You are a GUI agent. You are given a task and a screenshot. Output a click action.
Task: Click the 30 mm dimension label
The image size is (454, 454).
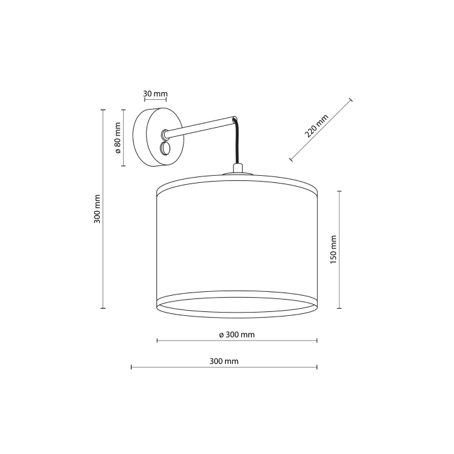tap(155, 94)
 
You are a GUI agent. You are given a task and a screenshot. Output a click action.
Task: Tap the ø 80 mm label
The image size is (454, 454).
tap(118, 138)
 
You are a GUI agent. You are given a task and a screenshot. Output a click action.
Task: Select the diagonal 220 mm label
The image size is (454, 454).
tap(317, 125)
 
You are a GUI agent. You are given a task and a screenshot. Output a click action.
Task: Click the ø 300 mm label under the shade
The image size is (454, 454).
tap(236, 335)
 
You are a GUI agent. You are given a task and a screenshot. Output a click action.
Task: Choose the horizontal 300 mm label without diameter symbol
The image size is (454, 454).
tap(224, 361)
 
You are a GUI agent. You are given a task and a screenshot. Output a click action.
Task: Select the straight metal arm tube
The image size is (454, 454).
tap(201, 126)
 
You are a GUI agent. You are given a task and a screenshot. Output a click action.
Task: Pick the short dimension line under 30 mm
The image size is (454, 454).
tap(155, 101)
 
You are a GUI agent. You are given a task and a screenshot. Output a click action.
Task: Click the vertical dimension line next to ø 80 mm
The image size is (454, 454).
tap(124, 138)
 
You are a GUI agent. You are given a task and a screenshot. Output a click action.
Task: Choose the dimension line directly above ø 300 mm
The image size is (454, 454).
tap(237, 340)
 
